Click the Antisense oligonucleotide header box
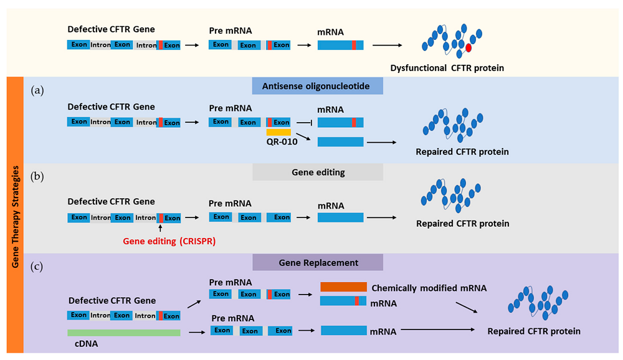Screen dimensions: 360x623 click(317, 85)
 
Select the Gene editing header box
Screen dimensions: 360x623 click(317, 172)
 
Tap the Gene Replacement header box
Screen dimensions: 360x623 click(317, 262)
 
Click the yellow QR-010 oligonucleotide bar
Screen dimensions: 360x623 click(278, 132)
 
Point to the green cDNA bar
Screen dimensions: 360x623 click(124, 333)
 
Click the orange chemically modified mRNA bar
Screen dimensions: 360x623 click(343, 287)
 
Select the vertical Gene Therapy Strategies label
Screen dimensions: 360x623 click(14, 214)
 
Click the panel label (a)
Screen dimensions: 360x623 click(38, 90)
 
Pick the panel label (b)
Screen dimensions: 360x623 click(38, 176)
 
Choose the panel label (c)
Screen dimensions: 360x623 click(38, 266)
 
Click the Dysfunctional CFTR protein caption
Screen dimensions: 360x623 click(447, 68)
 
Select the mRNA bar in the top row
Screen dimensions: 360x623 click(341, 45)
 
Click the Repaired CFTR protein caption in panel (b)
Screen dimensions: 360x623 click(462, 224)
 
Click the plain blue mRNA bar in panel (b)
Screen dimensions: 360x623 click(341, 217)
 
